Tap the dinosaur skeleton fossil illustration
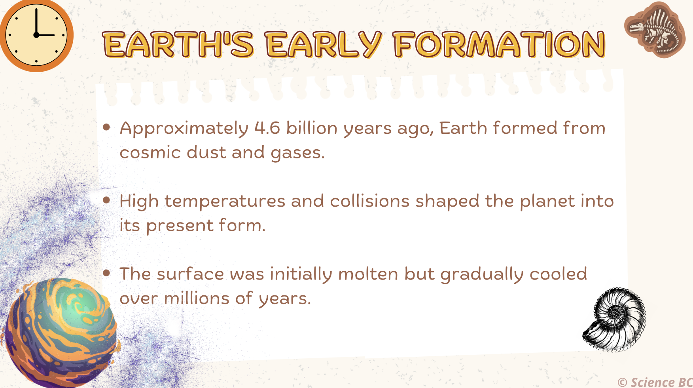click(x=655, y=30)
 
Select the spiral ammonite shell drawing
click(x=614, y=320)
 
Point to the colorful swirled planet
click(x=59, y=333)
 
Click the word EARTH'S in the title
click(x=178, y=44)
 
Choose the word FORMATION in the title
click(x=499, y=44)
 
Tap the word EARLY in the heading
click(x=324, y=44)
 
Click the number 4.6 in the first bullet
click(x=267, y=128)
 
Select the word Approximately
click(x=184, y=129)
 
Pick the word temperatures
click(x=225, y=201)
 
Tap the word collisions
click(x=369, y=201)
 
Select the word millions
click(x=197, y=298)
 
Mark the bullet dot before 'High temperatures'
click(x=106, y=200)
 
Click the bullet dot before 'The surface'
click(x=106, y=273)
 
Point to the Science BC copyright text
click(x=655, y=382)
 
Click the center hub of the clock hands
click(x=36, y=35)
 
